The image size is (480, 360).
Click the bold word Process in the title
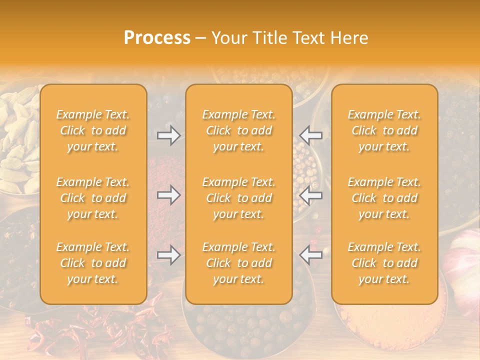click(157, 38)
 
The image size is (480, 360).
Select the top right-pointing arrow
click(168, 135)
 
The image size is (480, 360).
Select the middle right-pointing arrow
click(168, 195)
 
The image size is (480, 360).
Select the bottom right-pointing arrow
click(168, 255)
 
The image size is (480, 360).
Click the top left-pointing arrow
click(311, 135)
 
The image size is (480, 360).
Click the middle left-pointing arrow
click(311, 195)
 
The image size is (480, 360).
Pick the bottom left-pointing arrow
click(311, 255)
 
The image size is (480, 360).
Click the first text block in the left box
click(93, 130)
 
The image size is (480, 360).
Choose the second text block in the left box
click(93, 198)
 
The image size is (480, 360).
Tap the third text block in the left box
click(93, 263)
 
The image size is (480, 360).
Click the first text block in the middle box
click(239, 130)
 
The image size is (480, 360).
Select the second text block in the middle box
click(239, 198)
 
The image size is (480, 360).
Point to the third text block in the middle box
click(239, 263)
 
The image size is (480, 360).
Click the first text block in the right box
click(384, 130)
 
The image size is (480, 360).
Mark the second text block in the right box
click(384, 198)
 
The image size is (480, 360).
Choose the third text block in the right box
click(384, 263)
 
